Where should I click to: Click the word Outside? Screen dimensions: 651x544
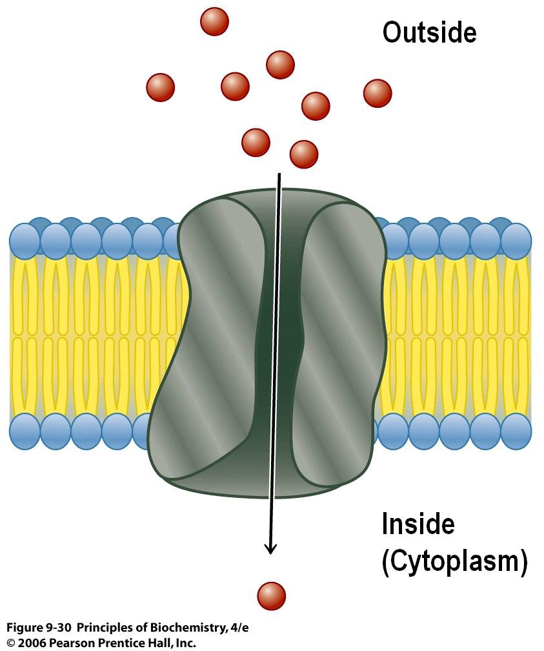(x=429, y=32)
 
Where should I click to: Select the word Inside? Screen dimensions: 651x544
(x=418, y=524)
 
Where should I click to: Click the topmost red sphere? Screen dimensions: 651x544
(x=214, y=21)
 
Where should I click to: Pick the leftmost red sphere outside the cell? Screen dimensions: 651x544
(x=161, y=87)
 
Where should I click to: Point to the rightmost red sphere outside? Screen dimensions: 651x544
(x=378, y=93)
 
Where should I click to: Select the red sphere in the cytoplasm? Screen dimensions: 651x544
(x=271, y=595)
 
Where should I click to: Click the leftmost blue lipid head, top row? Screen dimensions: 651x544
(x=25, y=240)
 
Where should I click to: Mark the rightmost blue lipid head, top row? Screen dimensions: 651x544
(x=516, y=240)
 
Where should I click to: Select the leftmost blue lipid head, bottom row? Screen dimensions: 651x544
(x=25, y=431)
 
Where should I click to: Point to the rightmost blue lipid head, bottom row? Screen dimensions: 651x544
(x=516, y=431)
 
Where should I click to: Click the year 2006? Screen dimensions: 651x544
(x=30, y=643)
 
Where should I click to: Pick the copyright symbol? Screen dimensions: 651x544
(x=10, y=643)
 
